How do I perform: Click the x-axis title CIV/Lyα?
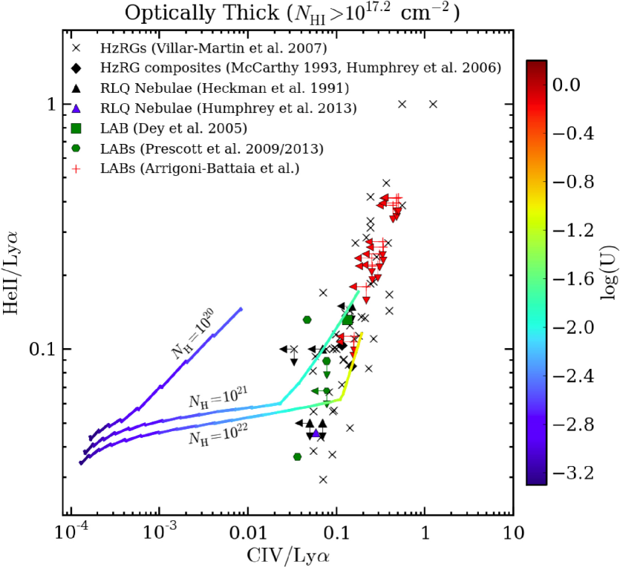click(291, 554)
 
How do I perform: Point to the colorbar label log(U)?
click(605, 272)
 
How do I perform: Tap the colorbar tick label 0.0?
click(568, 86)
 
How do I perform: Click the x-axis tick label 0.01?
click(247, 533)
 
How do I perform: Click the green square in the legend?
click(76, 128)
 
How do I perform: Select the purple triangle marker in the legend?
click(76, 108)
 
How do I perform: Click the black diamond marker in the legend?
click(76, 68)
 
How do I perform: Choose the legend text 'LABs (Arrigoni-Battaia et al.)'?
click(198, 168)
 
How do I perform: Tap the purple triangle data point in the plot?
click(316, 433)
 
